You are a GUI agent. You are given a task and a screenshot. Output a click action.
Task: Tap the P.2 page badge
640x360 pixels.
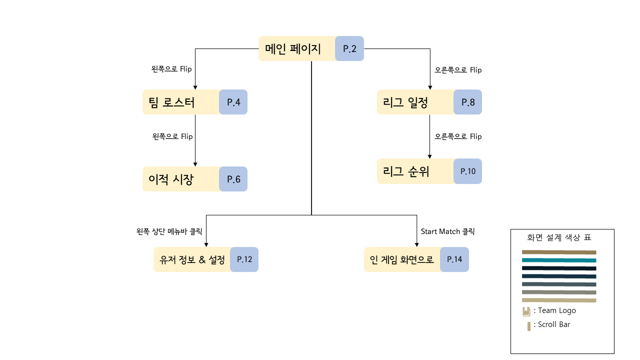click(x=349, y=48)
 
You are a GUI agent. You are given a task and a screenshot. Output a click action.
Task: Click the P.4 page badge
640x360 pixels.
click(x=233, y=102)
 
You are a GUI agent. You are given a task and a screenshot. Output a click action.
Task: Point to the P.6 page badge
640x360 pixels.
click(x=233, y=179)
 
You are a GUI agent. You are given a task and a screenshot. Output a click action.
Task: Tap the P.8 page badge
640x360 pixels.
click(x=468, y=102)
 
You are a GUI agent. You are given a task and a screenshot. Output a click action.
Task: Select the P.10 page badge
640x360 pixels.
click(x=468, y=171)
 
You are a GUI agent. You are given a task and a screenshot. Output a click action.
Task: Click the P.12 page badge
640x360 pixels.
click(x=244, y=259)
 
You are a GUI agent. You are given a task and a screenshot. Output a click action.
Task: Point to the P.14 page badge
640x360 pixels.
click(x=455, y=259)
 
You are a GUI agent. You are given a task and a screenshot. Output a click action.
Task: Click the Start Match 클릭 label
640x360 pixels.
click(x=447, y=231)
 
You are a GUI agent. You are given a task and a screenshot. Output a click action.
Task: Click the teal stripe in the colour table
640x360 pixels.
click(x=559, y=260)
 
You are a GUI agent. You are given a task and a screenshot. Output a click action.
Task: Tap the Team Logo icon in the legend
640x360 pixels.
click(x=526, y=311)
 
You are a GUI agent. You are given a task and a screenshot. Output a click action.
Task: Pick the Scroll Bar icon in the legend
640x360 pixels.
click(x=528, y=326)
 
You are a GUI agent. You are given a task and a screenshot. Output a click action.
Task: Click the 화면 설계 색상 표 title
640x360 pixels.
click(x=562, y=237)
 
